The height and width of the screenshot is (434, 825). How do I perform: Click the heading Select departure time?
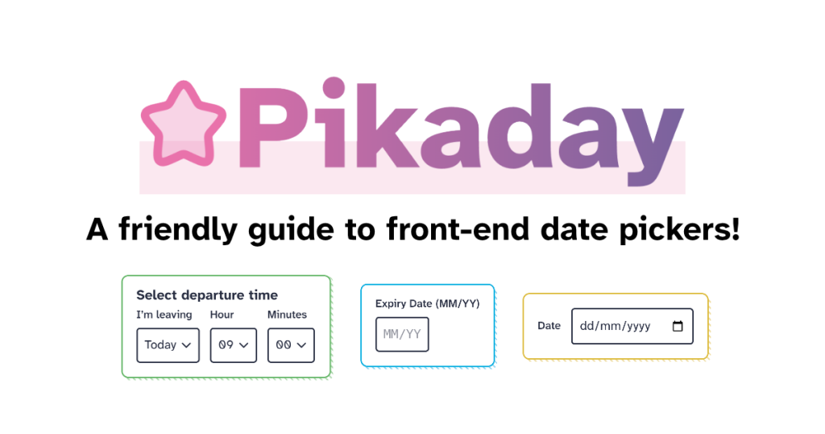tap(207, 295)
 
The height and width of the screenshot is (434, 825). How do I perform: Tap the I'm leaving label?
tap(164, 315)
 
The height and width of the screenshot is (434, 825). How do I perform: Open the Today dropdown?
tap(168, 345)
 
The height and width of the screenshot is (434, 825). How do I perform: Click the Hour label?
tap(222, 315)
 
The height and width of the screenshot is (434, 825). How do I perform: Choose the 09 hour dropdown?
tap(233, 345)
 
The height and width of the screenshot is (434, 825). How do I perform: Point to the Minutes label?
tap(287, 315)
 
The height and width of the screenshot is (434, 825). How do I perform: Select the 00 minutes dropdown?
tap(291, 345)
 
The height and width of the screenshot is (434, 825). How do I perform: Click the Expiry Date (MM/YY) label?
tap(427, 304)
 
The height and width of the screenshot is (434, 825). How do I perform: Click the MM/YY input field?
tap(402, 335)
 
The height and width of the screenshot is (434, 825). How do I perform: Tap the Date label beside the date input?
tap(549, 326)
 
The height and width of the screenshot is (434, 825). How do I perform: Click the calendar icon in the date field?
tap(678, 326)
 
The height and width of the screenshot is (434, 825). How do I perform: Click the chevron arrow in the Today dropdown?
tap(186, 345)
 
